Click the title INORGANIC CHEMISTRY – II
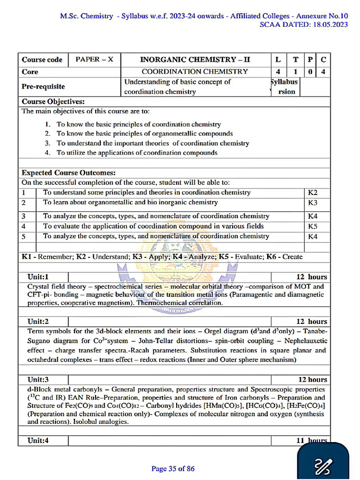195,60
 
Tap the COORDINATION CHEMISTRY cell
195,72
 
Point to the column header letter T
295,60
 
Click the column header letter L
278,60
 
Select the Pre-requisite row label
43,87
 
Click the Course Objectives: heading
53,102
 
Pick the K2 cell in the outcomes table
313,193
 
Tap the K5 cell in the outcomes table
313,226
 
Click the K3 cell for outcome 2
313,203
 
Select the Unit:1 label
38,277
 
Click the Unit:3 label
38,379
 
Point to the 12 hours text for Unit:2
312,322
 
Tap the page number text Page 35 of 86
173,468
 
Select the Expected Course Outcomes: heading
68,173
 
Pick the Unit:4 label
38,441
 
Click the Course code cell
42,60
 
